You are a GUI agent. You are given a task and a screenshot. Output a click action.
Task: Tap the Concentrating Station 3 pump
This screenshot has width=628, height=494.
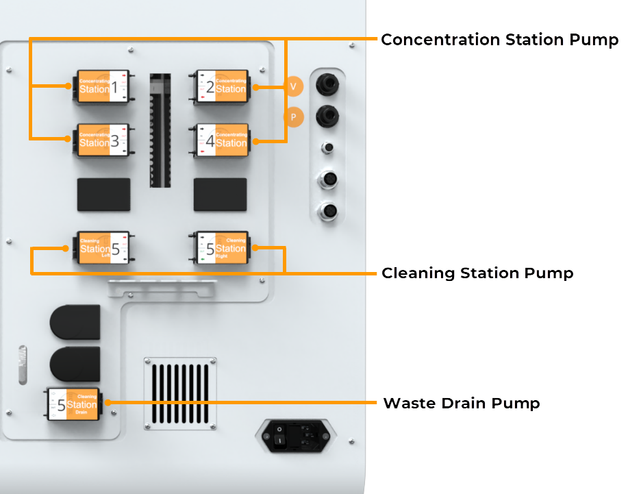(x=102, y=140)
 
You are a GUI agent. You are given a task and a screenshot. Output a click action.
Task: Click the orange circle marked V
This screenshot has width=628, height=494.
(x=293, y=86)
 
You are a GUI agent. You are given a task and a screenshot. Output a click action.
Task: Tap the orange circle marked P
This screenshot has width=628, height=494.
(x=293, y=117)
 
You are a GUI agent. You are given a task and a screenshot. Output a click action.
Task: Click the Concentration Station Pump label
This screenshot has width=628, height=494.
(x=499, y=40)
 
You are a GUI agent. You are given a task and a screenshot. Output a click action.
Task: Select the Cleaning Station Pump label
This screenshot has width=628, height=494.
(x=477, y=273)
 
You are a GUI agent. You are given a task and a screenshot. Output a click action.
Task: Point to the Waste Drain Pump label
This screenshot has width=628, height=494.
(x=461, y=403)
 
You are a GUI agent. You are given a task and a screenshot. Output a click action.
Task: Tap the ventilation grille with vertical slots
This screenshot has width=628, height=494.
(x=180, y=395)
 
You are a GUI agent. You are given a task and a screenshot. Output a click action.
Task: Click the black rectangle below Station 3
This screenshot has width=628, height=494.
(x=103, y=194)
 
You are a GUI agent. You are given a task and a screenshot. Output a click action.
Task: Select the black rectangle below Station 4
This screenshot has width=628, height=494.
(x=220, y=194)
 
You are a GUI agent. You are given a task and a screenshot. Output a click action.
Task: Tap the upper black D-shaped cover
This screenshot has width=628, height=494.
(x=75, y=322)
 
